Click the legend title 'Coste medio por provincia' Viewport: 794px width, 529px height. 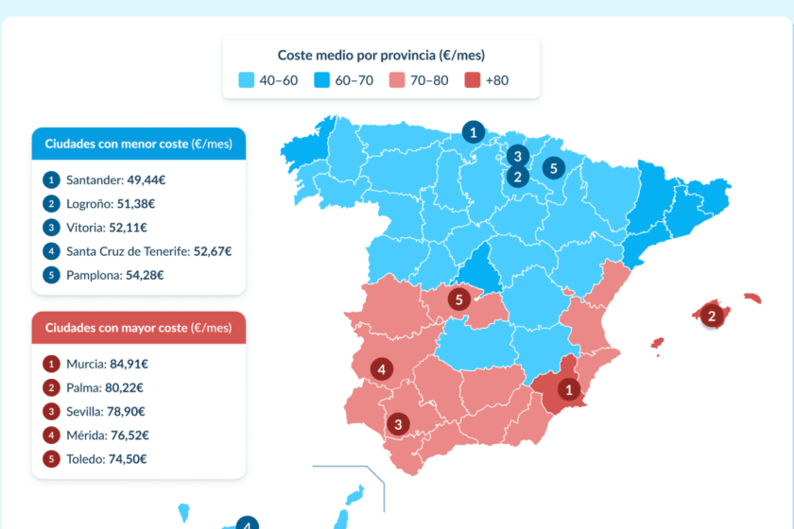381,56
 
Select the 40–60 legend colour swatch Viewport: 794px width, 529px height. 247,80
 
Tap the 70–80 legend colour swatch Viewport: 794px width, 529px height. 396,80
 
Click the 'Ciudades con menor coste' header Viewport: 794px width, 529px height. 139,144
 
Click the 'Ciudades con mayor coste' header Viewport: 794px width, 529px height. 139,328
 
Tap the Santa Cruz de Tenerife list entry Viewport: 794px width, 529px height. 148,251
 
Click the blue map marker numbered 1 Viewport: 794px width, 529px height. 473,132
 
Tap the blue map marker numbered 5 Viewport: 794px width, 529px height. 554,169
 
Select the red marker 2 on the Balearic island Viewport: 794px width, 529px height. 713,316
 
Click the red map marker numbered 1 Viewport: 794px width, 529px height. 568,388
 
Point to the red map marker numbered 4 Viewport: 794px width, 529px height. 382,369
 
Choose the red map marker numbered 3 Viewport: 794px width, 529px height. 399,424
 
